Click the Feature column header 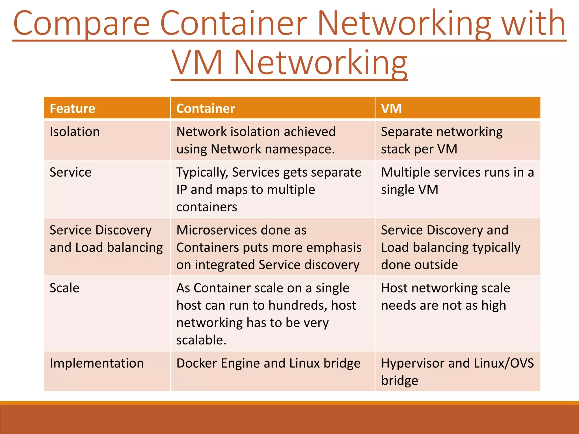72,108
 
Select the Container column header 206,108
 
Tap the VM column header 391,108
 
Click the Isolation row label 75,132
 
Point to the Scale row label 64,288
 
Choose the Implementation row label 97,363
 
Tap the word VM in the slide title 197,63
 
